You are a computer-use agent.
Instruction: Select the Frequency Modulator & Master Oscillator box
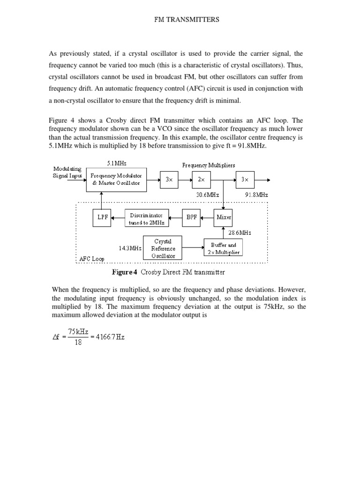point(117,180)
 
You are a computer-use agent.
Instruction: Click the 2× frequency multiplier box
point(202,180)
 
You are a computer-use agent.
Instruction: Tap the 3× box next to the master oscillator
point(169,180)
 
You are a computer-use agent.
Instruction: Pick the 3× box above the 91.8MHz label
point(245,180)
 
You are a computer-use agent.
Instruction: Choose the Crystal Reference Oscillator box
point(162,248)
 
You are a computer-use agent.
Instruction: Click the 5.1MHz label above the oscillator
point(117,163)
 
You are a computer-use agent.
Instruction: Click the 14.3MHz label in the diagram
point(130,248)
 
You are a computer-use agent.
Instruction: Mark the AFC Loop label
point(92,259)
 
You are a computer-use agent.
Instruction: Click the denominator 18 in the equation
point(78,343)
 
